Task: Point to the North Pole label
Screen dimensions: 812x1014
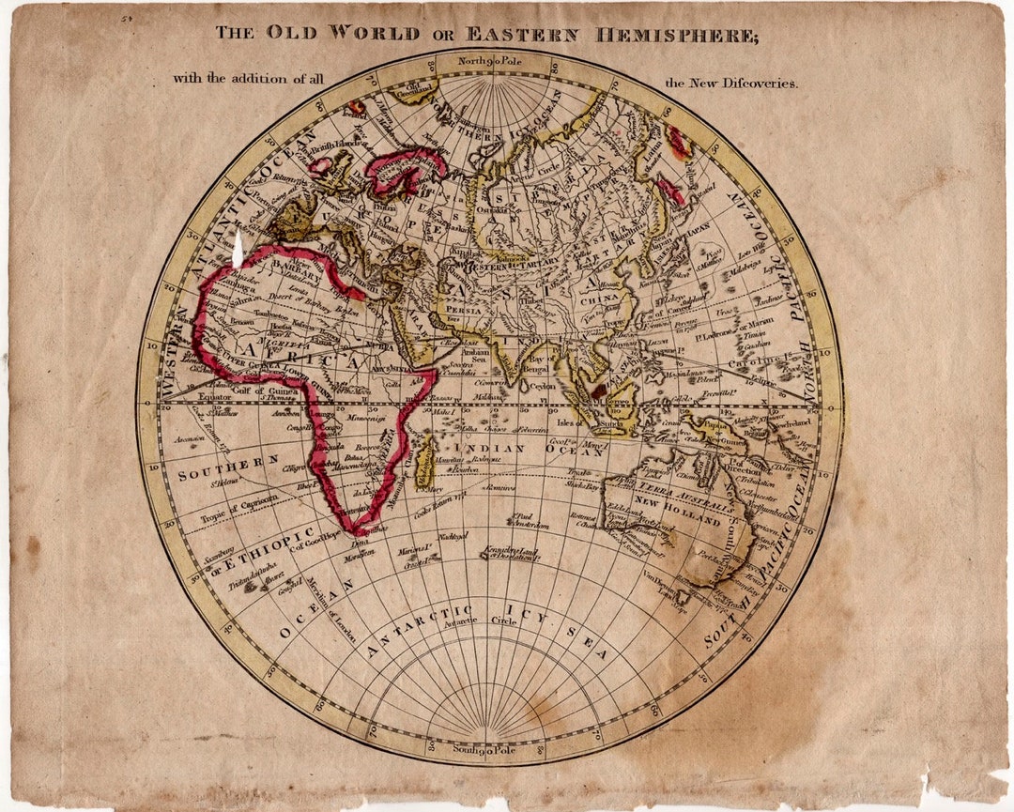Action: [488, 62]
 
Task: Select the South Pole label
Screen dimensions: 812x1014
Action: [486, 748]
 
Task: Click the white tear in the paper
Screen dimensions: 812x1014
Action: [238, 250]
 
